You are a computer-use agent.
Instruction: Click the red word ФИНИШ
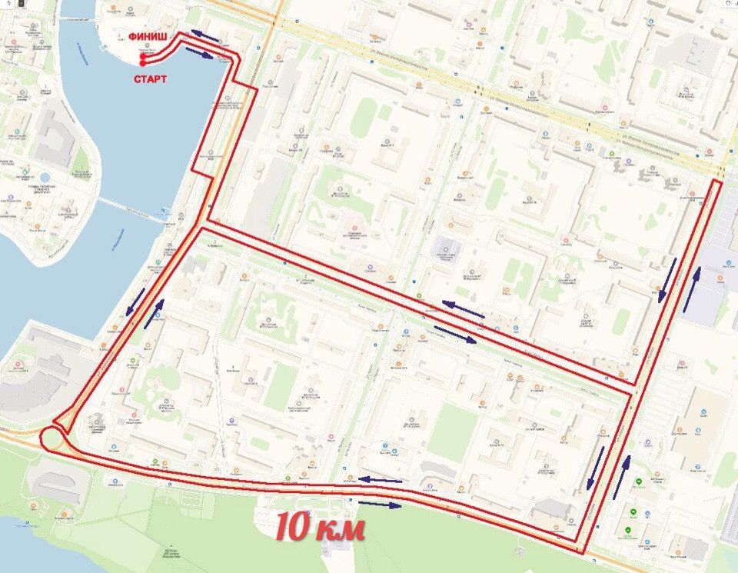point(147,35)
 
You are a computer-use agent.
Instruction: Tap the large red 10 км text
point(320,528)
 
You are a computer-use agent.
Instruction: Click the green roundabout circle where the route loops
point(53,439)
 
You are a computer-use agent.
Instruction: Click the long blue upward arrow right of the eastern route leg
point(692,286)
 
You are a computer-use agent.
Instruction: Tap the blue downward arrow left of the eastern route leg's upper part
point(668,280)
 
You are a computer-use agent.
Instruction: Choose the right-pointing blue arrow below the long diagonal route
point(455,333)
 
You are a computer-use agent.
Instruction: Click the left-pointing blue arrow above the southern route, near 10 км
point(381,480)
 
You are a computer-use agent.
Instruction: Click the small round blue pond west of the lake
point(44,177)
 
